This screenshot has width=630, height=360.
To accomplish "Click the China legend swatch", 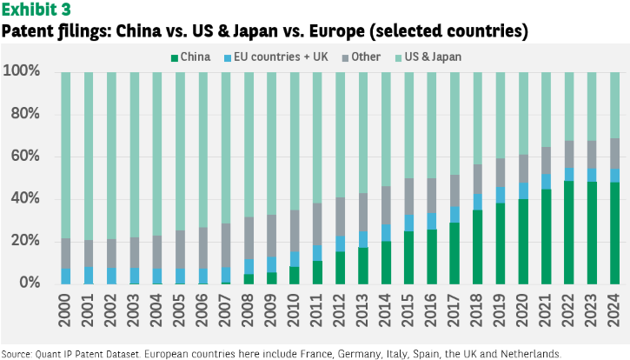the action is point(175,58).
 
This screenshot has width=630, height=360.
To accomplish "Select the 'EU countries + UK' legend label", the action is point(281,57).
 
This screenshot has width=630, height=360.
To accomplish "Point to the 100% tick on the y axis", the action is point(22,70).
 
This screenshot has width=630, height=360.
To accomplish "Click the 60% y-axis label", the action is point(25,156).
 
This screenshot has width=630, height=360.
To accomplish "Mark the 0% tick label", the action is point(30,283).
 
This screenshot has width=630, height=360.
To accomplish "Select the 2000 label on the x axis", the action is point(64,310).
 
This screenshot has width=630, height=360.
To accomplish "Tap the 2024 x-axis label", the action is point(614,310).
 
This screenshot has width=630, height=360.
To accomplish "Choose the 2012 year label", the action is point(339,310).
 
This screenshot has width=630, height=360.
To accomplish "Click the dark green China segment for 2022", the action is point(569,232).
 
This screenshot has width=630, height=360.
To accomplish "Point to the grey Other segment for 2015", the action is point(409,197).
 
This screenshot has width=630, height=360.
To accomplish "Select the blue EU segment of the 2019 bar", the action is point(501,195).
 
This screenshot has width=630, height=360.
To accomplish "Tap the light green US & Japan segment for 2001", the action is point(89,157).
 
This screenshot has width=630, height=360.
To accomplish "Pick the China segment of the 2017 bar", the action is point(454,253).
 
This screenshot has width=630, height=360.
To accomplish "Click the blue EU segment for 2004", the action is point(157,276).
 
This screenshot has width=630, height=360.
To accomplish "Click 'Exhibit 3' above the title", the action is point(36,10).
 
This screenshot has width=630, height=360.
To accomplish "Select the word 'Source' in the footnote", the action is point(17,355).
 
